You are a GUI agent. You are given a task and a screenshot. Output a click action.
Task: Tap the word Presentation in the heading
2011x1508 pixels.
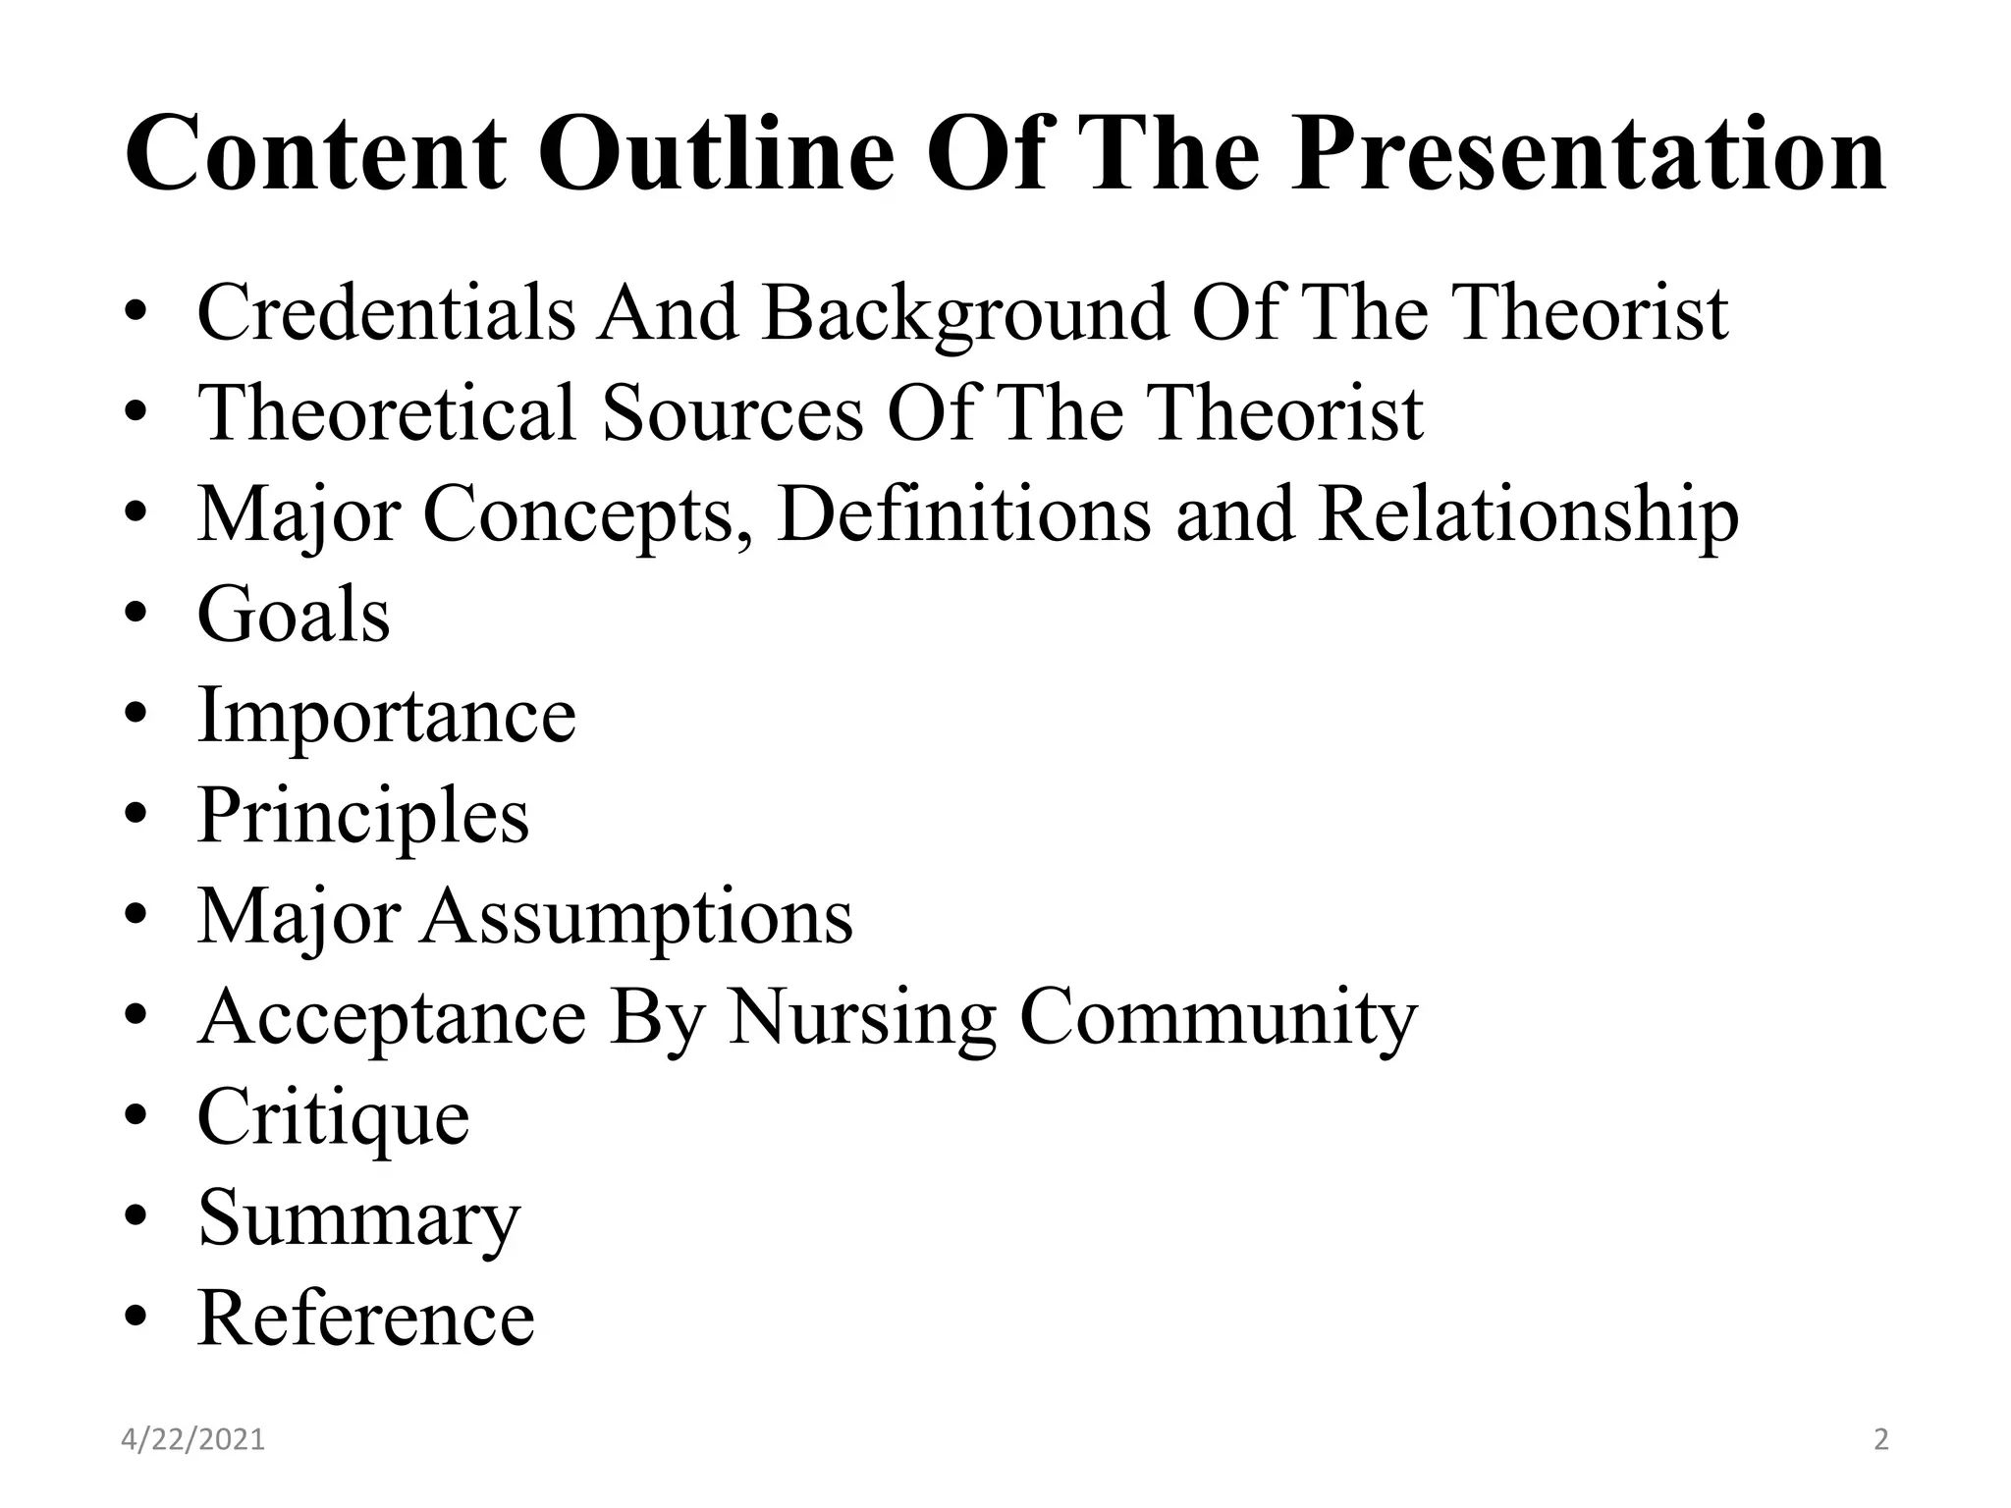[1588, 154]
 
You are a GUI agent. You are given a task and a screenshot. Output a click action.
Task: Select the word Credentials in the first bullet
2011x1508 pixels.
[386, 312]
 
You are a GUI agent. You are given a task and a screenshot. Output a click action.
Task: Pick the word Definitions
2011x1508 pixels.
[964, 513]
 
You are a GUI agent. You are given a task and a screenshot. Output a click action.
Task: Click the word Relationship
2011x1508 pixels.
[1528, 515]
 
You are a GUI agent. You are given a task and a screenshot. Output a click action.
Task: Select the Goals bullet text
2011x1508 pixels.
[294, 615]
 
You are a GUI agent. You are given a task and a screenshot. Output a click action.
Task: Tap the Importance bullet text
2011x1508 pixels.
[387, 717]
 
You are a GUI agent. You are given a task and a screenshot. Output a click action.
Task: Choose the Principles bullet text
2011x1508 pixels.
[363, 816]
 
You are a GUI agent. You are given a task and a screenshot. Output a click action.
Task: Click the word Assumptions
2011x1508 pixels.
[637, 917]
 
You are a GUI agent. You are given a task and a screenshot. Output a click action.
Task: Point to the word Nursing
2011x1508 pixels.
[861, 1018]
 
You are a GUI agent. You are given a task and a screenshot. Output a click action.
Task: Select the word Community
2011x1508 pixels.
[1219, 1018]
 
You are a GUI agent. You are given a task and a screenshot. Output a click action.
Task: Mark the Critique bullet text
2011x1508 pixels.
[334, 1118]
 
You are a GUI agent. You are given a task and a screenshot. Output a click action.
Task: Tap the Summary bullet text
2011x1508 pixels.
[359, 1219]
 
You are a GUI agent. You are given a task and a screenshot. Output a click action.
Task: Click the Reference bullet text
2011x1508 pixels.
[366, 1318]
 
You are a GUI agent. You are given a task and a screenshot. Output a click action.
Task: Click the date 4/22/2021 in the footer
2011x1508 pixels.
[193, 1440]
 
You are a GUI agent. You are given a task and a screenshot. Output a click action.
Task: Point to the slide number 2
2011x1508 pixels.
[1881, 1440]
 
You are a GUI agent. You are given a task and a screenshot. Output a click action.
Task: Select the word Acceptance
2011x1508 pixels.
[392, 1018]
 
